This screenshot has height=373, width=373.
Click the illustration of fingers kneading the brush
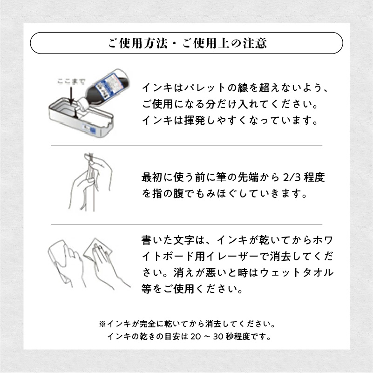click(x=88, y=182)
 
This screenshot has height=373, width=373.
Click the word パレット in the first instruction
click(x=201, y=88)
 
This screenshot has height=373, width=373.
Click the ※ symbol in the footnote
click(x=102, y=323)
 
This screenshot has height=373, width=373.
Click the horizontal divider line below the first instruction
click(x=186, y=145)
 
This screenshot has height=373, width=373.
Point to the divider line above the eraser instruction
click(x=186, y=224)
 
